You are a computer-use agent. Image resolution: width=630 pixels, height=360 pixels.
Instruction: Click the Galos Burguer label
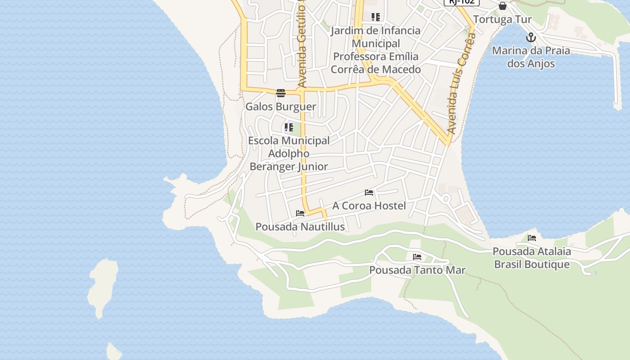click(x=280, y=107)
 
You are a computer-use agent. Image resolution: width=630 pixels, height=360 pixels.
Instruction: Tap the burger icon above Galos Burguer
click(x=281, y=93)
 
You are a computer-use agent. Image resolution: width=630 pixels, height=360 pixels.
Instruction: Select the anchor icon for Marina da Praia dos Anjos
click(x=531, y=37)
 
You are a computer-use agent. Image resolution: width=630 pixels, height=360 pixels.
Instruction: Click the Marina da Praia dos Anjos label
click(x=531, y=57)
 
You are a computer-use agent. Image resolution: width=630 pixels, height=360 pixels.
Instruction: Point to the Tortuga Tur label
click(x=502, y=19)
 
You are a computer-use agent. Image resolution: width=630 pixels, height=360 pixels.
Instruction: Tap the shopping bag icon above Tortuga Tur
click(x=503, y=6)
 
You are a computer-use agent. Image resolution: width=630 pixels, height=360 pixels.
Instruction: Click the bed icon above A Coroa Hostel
click(x=369, y=193)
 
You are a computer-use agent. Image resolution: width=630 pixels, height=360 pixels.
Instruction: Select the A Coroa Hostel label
click(x=369, y=206)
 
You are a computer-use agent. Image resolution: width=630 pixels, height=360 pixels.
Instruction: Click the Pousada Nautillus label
click(x=300, y=227)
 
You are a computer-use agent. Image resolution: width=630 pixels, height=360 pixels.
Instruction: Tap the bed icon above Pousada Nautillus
click(x=300, y=213)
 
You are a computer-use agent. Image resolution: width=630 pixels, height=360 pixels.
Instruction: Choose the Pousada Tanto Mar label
click(x=417, y=270)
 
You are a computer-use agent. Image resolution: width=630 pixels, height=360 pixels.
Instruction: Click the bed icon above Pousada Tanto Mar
click(x=417, y=257)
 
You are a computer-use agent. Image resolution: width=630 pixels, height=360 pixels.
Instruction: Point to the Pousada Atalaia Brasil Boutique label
click(x=532, y=258)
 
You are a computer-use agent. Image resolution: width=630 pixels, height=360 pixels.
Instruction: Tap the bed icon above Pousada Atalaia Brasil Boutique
click(x=532, y=238)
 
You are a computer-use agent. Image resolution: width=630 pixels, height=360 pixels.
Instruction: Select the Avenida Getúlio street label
click(x=301, y=45)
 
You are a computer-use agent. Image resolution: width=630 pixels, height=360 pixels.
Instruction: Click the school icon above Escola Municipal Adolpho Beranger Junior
click(x=289, y=127)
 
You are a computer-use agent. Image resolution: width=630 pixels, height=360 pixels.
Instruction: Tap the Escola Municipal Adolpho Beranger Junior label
click(x=289, y=153)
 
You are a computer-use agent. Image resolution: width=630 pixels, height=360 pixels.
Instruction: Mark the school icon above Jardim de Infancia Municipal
click(x=376, y=17)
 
